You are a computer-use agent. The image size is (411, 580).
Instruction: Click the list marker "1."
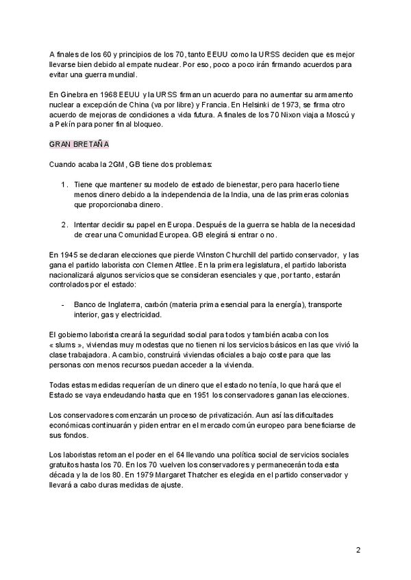pyautogui.click(x=64, y=185)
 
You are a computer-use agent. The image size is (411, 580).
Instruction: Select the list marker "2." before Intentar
pyautogui.click(x=64, y=224)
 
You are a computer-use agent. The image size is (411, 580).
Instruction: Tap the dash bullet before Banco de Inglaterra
pyautogui.click(x=63, y=304)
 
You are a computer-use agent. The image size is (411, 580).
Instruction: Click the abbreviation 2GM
pyautogui.click(x=110, y=165)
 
